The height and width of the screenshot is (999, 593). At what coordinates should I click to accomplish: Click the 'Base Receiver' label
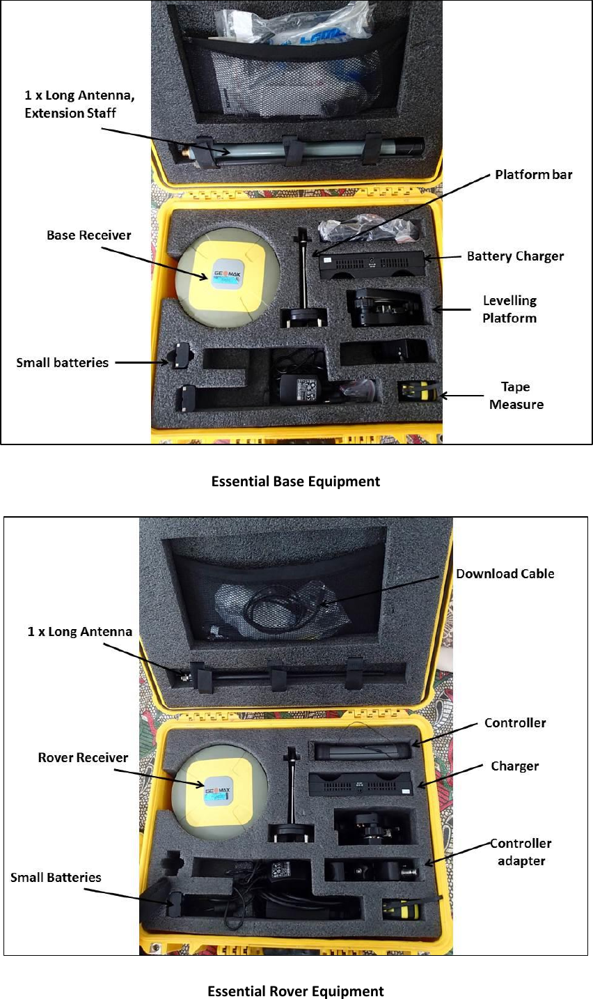click(88, 235)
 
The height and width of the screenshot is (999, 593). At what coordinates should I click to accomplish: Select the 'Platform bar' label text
click(533, 175)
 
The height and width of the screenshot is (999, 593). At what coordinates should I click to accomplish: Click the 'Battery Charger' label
click(515, 256)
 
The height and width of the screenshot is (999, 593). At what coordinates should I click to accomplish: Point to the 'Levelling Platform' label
click(509, 309)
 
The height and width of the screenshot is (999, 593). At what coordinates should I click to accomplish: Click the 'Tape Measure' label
click(516, 396)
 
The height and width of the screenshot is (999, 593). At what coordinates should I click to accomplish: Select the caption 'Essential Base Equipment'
click(296, 481)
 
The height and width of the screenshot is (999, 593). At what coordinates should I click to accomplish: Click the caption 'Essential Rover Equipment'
click(296, 991)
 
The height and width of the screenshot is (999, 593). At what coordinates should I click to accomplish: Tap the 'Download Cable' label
click(505, 573)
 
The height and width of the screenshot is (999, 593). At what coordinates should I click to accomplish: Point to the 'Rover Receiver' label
click(83, 757)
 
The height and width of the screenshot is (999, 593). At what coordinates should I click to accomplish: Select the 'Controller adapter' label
click(521, 852)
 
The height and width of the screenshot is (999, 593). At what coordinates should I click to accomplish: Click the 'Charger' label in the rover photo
click(514, 766)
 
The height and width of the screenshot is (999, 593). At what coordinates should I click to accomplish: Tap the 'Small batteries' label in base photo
click(62, 362)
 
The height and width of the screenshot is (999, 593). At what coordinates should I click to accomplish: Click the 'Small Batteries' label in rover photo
click(56, 877)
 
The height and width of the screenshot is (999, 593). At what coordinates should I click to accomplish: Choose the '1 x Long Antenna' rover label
click(79, 632)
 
